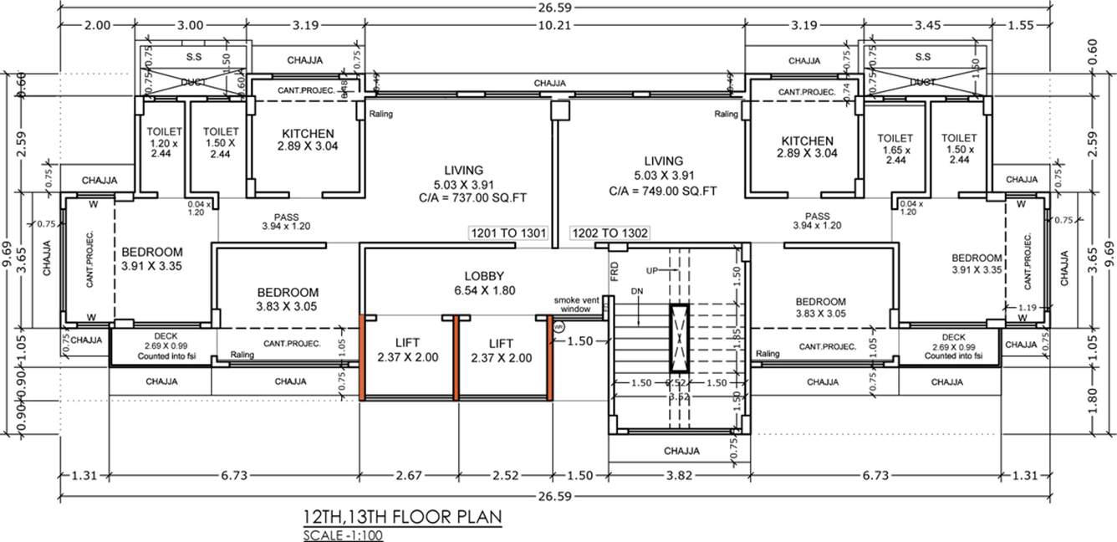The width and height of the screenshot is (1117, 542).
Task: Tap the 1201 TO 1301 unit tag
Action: [508, 233]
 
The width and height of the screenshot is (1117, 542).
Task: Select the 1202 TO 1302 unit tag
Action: [609, 233]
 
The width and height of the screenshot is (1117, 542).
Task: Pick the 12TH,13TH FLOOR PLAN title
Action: [402, 516]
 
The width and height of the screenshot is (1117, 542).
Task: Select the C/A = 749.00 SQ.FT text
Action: [664, 192]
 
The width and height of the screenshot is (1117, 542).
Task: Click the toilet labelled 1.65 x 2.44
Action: [895, 149]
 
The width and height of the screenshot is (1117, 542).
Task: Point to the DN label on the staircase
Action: [638, 290]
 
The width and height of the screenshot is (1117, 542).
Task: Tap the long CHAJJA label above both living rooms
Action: [551, 84]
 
